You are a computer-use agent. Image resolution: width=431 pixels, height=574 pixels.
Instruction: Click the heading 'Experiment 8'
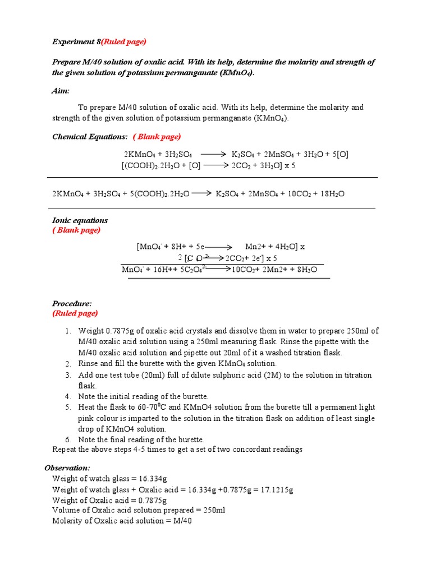(x=76, y=42)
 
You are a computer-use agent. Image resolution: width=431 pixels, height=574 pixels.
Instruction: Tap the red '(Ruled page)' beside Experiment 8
(x=123, y=42)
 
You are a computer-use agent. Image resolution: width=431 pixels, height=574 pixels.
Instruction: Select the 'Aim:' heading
(x=61, y=91)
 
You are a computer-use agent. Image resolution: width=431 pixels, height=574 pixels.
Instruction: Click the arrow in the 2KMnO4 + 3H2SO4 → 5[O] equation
(x=213, y=154)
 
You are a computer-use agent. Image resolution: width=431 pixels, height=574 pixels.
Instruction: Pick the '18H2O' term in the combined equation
(x=333, y=194)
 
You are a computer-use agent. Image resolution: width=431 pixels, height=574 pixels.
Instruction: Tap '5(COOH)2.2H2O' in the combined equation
(x=162, y=194)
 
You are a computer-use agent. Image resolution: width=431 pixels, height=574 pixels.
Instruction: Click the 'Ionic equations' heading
(x=80, y=220)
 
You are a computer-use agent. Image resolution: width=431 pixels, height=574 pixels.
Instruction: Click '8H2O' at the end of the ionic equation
(x=305, y=270)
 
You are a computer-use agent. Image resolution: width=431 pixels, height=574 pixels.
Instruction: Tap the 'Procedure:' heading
(x=72, y=303)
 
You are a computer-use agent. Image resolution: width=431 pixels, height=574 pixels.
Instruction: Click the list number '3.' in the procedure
(x=67, y=375)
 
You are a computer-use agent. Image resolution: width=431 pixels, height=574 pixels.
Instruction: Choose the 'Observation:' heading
(x=67, y=467)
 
